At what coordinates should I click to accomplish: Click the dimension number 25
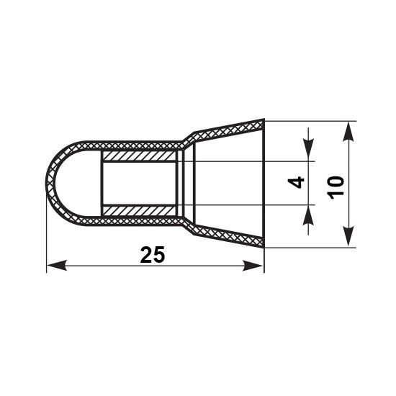pyautogui.click(x=153, y=255)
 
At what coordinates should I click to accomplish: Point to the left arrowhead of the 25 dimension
pyautogui.click(x=57, y=266)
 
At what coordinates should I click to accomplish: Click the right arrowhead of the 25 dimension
pyautogui.click(x=252, y=266)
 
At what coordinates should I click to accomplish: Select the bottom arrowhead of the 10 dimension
pyautogui.click(x=348, y=236)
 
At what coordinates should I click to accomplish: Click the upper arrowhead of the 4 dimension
pyautogui.click(x=308, y=150)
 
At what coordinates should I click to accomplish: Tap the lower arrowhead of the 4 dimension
pyautogui.click(x=308, y=215)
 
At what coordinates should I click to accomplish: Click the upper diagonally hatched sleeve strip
pyautogui.click(x=140, y=156)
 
